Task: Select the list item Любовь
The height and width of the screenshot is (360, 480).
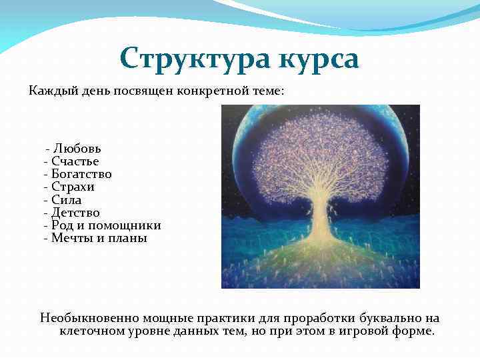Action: pos(77,148)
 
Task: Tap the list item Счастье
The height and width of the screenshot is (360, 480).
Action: pos(75,161)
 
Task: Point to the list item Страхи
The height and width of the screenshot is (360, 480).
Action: pos(73,187)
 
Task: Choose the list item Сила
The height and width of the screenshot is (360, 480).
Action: pos(67,199)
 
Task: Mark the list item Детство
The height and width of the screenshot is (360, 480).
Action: pos(75,213)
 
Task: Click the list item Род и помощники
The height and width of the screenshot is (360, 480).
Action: pos(106,225)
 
